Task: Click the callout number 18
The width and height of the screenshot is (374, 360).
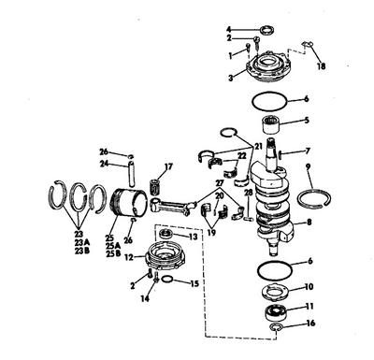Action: click(322, 66)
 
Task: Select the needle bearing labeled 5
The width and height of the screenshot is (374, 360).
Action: click(270, 123)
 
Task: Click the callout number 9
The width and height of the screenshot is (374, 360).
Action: click(309, 167)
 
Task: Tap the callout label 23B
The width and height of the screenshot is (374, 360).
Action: click(82, 251)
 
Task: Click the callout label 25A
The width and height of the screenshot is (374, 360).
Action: click(113, 246)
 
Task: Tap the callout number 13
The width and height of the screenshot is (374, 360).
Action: click(194, 237)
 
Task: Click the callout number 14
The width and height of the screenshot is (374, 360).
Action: click(145, 298)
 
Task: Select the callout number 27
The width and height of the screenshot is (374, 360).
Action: click(220, 182)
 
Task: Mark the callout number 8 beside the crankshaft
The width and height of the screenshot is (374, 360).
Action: click(309, 223)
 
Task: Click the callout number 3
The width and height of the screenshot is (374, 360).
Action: click(231, 78)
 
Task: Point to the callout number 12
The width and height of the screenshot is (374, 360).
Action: click(129, 257)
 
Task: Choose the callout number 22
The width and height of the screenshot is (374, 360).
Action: click(242, 155)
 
